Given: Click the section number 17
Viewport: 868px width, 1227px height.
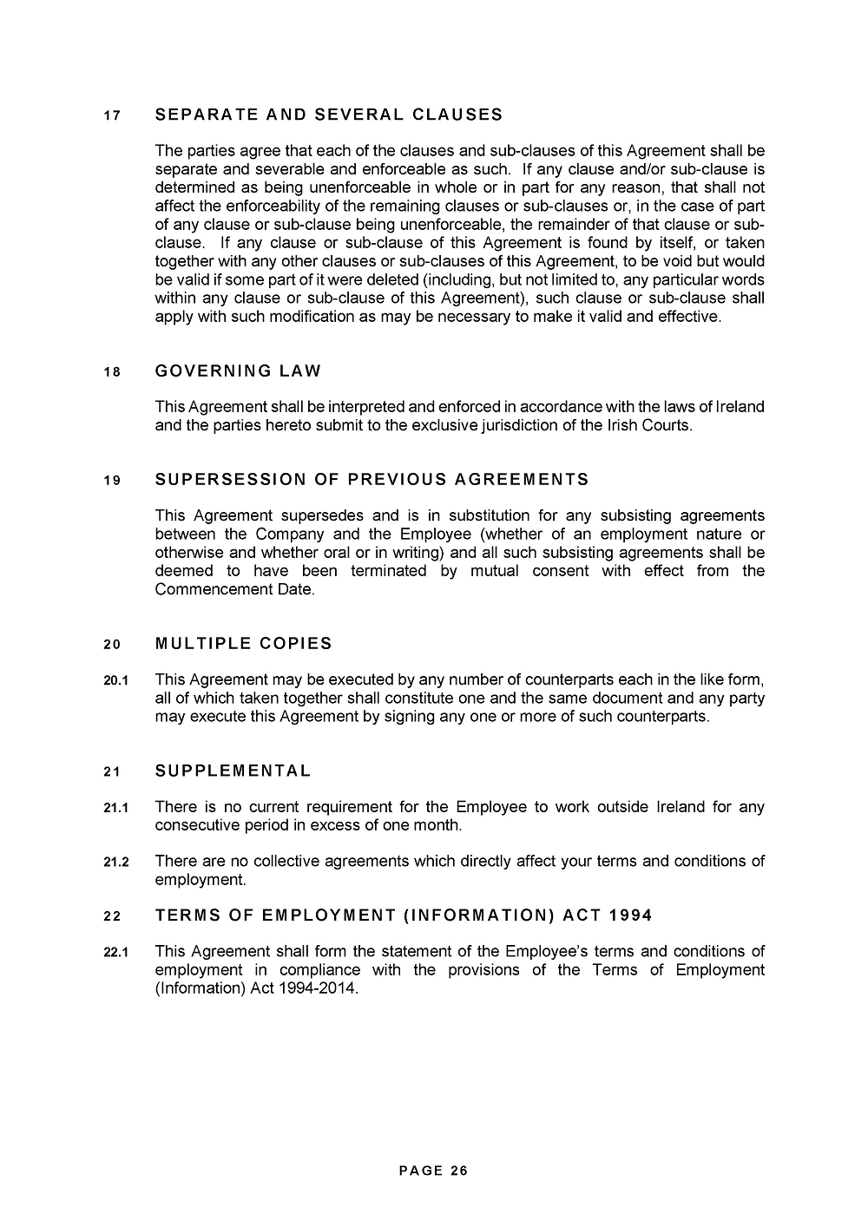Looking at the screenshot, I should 112,115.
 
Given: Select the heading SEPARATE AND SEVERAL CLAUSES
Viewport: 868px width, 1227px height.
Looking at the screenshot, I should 328,115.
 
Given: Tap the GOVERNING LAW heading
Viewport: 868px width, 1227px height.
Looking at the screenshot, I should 238,371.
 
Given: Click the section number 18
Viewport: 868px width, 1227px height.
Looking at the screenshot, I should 112,372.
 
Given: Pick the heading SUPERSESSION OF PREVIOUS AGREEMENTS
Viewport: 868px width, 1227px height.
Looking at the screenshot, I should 372,480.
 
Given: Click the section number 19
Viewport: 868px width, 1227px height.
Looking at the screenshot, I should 112,481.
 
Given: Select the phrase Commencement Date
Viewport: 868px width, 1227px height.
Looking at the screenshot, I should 233,589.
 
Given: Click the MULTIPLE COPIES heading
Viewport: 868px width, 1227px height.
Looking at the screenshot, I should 243,644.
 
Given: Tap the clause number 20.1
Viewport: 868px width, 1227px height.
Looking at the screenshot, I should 115,680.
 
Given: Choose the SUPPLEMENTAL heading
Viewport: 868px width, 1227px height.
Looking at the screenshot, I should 233,771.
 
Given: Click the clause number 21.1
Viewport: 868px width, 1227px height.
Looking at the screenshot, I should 115,808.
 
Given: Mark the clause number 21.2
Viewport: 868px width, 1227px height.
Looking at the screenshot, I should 115,863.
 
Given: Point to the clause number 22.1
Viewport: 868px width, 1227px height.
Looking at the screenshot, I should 115,952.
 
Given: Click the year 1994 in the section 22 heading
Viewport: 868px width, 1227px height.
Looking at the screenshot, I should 630,915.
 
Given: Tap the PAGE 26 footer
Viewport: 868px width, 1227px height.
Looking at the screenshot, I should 433,1171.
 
